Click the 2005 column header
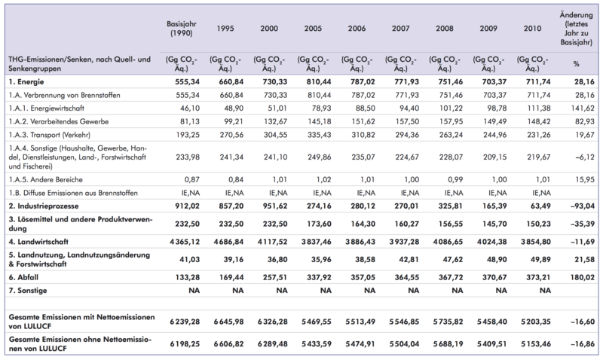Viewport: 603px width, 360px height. click(x=313, y=29)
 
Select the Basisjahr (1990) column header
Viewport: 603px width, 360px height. click(x=182, y=29)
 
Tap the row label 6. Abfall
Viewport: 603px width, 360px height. click(x=23, y=277)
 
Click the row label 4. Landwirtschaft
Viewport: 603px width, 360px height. click(x=38, y=242)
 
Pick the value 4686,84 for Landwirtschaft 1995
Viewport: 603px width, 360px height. click(x=229, y=242)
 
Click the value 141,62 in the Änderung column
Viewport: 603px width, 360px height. click(x=583, y=108)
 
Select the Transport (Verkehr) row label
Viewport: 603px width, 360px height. click(x=50, y=135)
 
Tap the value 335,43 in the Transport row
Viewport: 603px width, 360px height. click(x=319, y=135)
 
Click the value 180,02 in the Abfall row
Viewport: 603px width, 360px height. click(x=583, y=277)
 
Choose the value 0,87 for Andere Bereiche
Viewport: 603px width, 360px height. click(x=192, y=179)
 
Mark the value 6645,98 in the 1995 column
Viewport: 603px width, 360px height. click(x=229, y=322)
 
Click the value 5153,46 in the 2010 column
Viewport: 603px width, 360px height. click(x=536, y=344)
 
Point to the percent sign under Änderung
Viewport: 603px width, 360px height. click(x=576, y=64)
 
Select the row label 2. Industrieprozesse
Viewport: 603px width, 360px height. click(x=44, y=206)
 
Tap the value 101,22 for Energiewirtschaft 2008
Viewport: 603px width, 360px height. click(x=451, y=108)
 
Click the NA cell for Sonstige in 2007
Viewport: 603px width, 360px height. click(x=413, y=291)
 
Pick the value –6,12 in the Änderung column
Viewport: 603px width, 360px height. click(x=585, y=157)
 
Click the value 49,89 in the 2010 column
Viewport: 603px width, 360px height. click(x=540, y=259)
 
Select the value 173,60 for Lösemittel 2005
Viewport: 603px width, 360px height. click(x=319, y=224)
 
